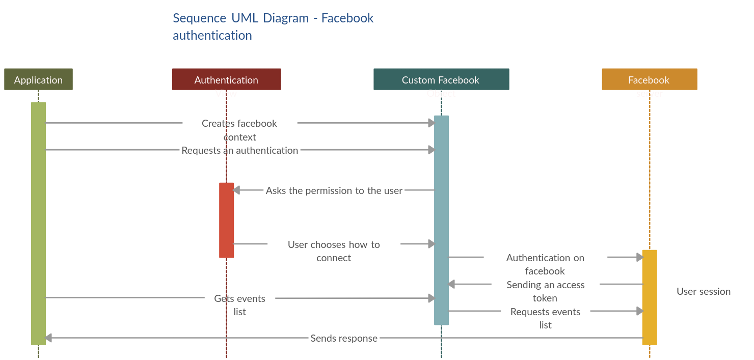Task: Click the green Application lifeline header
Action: pyautogui.click(x=38, y=80)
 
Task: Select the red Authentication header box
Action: pyautogui.click(x=226, y=80)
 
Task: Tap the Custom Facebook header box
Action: pyautogui.click(x=441, y=80)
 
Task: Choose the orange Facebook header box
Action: pyautogui.click(x=649, y=80)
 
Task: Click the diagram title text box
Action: pyautogui.click(x=316, y=26)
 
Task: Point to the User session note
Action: pyautogui.click(x=703, y=292)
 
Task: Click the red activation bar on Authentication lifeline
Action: pyautogui.click(x=227, y=220)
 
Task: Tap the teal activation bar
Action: pyautogui.click(x=441, y=220)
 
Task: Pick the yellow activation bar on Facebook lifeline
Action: pyautogui.click(x=649, y=297)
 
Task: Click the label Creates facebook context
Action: pyautogui.click(x=239, y=130)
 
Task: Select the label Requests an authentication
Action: pyautogui.click(x=240, y=150)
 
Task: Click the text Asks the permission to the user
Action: pyautogui.click(x=334, y=190)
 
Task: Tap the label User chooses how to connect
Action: pyautogui.click(x=334, y=251)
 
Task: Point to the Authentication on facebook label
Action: pyautogui.click(x=545, y=264)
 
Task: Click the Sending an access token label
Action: pyautogui.click(x=545, y=291)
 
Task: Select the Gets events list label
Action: pyautogui.click(x=239, y=304)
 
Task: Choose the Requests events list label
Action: pyautogui.click(x=545, y=318)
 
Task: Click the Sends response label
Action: pyautogui.click(x=344, y=338)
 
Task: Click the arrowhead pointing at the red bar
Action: pyautogui.click(x=236, y=190)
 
